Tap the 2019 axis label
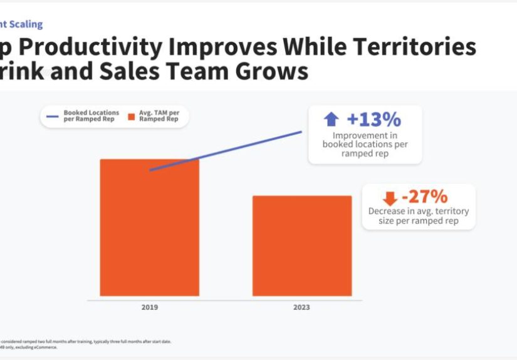click(149, 307)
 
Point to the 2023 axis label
click(301, 307)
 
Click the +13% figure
click(373, 119)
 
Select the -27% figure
click(424, 197)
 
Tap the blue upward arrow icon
click(331, 120)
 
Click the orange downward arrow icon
click(390, 198)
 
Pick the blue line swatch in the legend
click(53, 116)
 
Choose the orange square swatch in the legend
click(132, 116)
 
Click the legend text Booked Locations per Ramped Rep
click(91, 116)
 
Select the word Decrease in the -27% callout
click(387, 212)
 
